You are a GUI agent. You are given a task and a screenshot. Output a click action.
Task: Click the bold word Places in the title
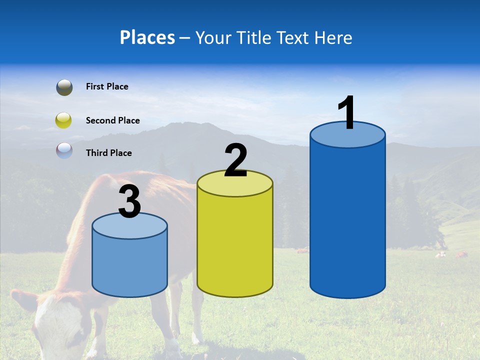coord(147,37)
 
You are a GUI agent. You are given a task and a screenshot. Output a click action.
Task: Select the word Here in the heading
coord(333,37)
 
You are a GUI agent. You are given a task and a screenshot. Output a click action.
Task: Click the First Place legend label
coord(107,86)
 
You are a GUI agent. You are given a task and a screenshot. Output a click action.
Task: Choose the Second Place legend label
coord(112,120)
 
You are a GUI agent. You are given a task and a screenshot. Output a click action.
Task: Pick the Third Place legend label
coord(108,153)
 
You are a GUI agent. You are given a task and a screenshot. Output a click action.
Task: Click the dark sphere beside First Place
coord(64,87)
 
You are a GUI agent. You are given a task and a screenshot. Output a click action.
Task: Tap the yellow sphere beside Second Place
coord(64,120)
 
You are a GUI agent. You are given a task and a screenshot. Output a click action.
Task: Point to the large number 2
coord(235,160)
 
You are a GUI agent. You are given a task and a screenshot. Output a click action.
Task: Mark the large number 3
coord(130,202)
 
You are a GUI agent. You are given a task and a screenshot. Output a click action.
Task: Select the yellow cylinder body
coord(235,245)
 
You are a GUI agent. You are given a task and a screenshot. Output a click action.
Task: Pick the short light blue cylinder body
coord(130,262)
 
